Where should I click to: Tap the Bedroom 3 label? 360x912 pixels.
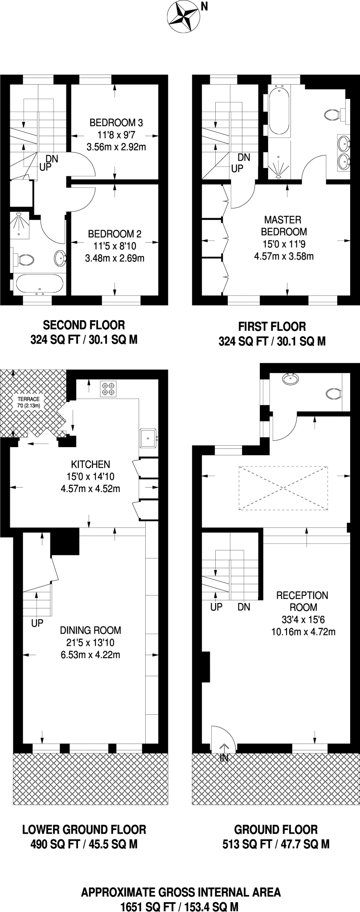(116, 122)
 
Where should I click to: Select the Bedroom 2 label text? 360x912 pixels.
(115, 234)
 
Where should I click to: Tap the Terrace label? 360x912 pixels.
(29, 399)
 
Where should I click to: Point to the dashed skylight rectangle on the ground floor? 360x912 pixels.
(284, 488)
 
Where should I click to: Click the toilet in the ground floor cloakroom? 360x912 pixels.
(333, 394)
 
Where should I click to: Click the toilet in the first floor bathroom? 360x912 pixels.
(332, 115)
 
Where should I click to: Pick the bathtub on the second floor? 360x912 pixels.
(39, 283)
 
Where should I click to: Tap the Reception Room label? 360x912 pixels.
(303, 601)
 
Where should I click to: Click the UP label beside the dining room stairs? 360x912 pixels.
(37, 623)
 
